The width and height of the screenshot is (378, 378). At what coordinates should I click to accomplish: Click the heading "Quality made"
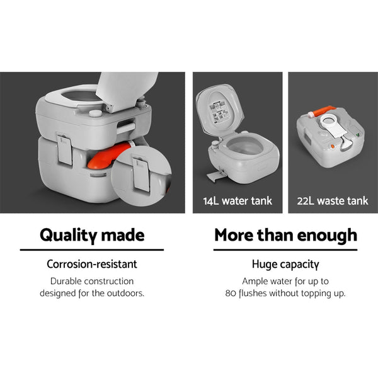tap(91, 235)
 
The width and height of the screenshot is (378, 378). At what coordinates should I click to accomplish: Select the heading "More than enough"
tap(285, 235)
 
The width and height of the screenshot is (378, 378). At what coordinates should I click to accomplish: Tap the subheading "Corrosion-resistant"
tap(92, 265)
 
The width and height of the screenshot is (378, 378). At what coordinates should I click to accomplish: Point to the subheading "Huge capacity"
tap(285, 265)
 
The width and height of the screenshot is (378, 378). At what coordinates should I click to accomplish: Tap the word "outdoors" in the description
tap(128, 293)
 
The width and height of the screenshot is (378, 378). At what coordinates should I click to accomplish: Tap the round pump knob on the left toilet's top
tap(95, 113)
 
